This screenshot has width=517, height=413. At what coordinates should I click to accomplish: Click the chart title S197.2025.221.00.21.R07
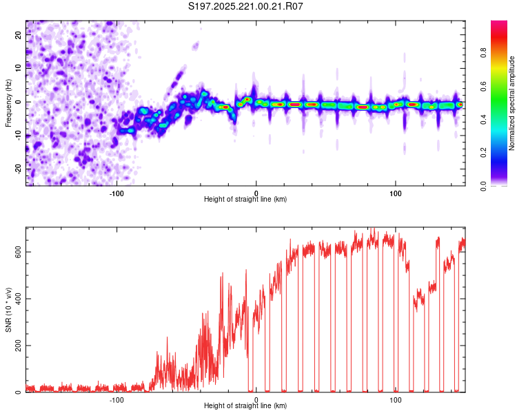(x=246, y=6)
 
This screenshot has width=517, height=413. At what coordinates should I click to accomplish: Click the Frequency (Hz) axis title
(x=8, y=103)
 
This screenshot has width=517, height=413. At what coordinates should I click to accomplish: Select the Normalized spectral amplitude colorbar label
(x=511, y=103)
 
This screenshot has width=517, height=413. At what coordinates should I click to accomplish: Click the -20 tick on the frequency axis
(x=19, y=168)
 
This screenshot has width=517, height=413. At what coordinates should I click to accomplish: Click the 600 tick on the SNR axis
(x=18, y=252)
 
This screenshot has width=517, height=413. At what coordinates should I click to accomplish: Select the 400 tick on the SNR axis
(x=18, y=299)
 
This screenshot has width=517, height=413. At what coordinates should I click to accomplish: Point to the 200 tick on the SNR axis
(x=18, y=346)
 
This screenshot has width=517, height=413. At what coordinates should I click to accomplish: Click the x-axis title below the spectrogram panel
(x=245, y=200)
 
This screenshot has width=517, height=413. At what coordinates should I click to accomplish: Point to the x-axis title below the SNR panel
(x=245, y=407)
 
